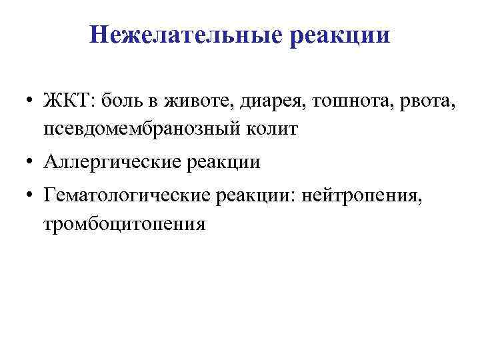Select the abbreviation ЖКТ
tap(69, 101)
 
